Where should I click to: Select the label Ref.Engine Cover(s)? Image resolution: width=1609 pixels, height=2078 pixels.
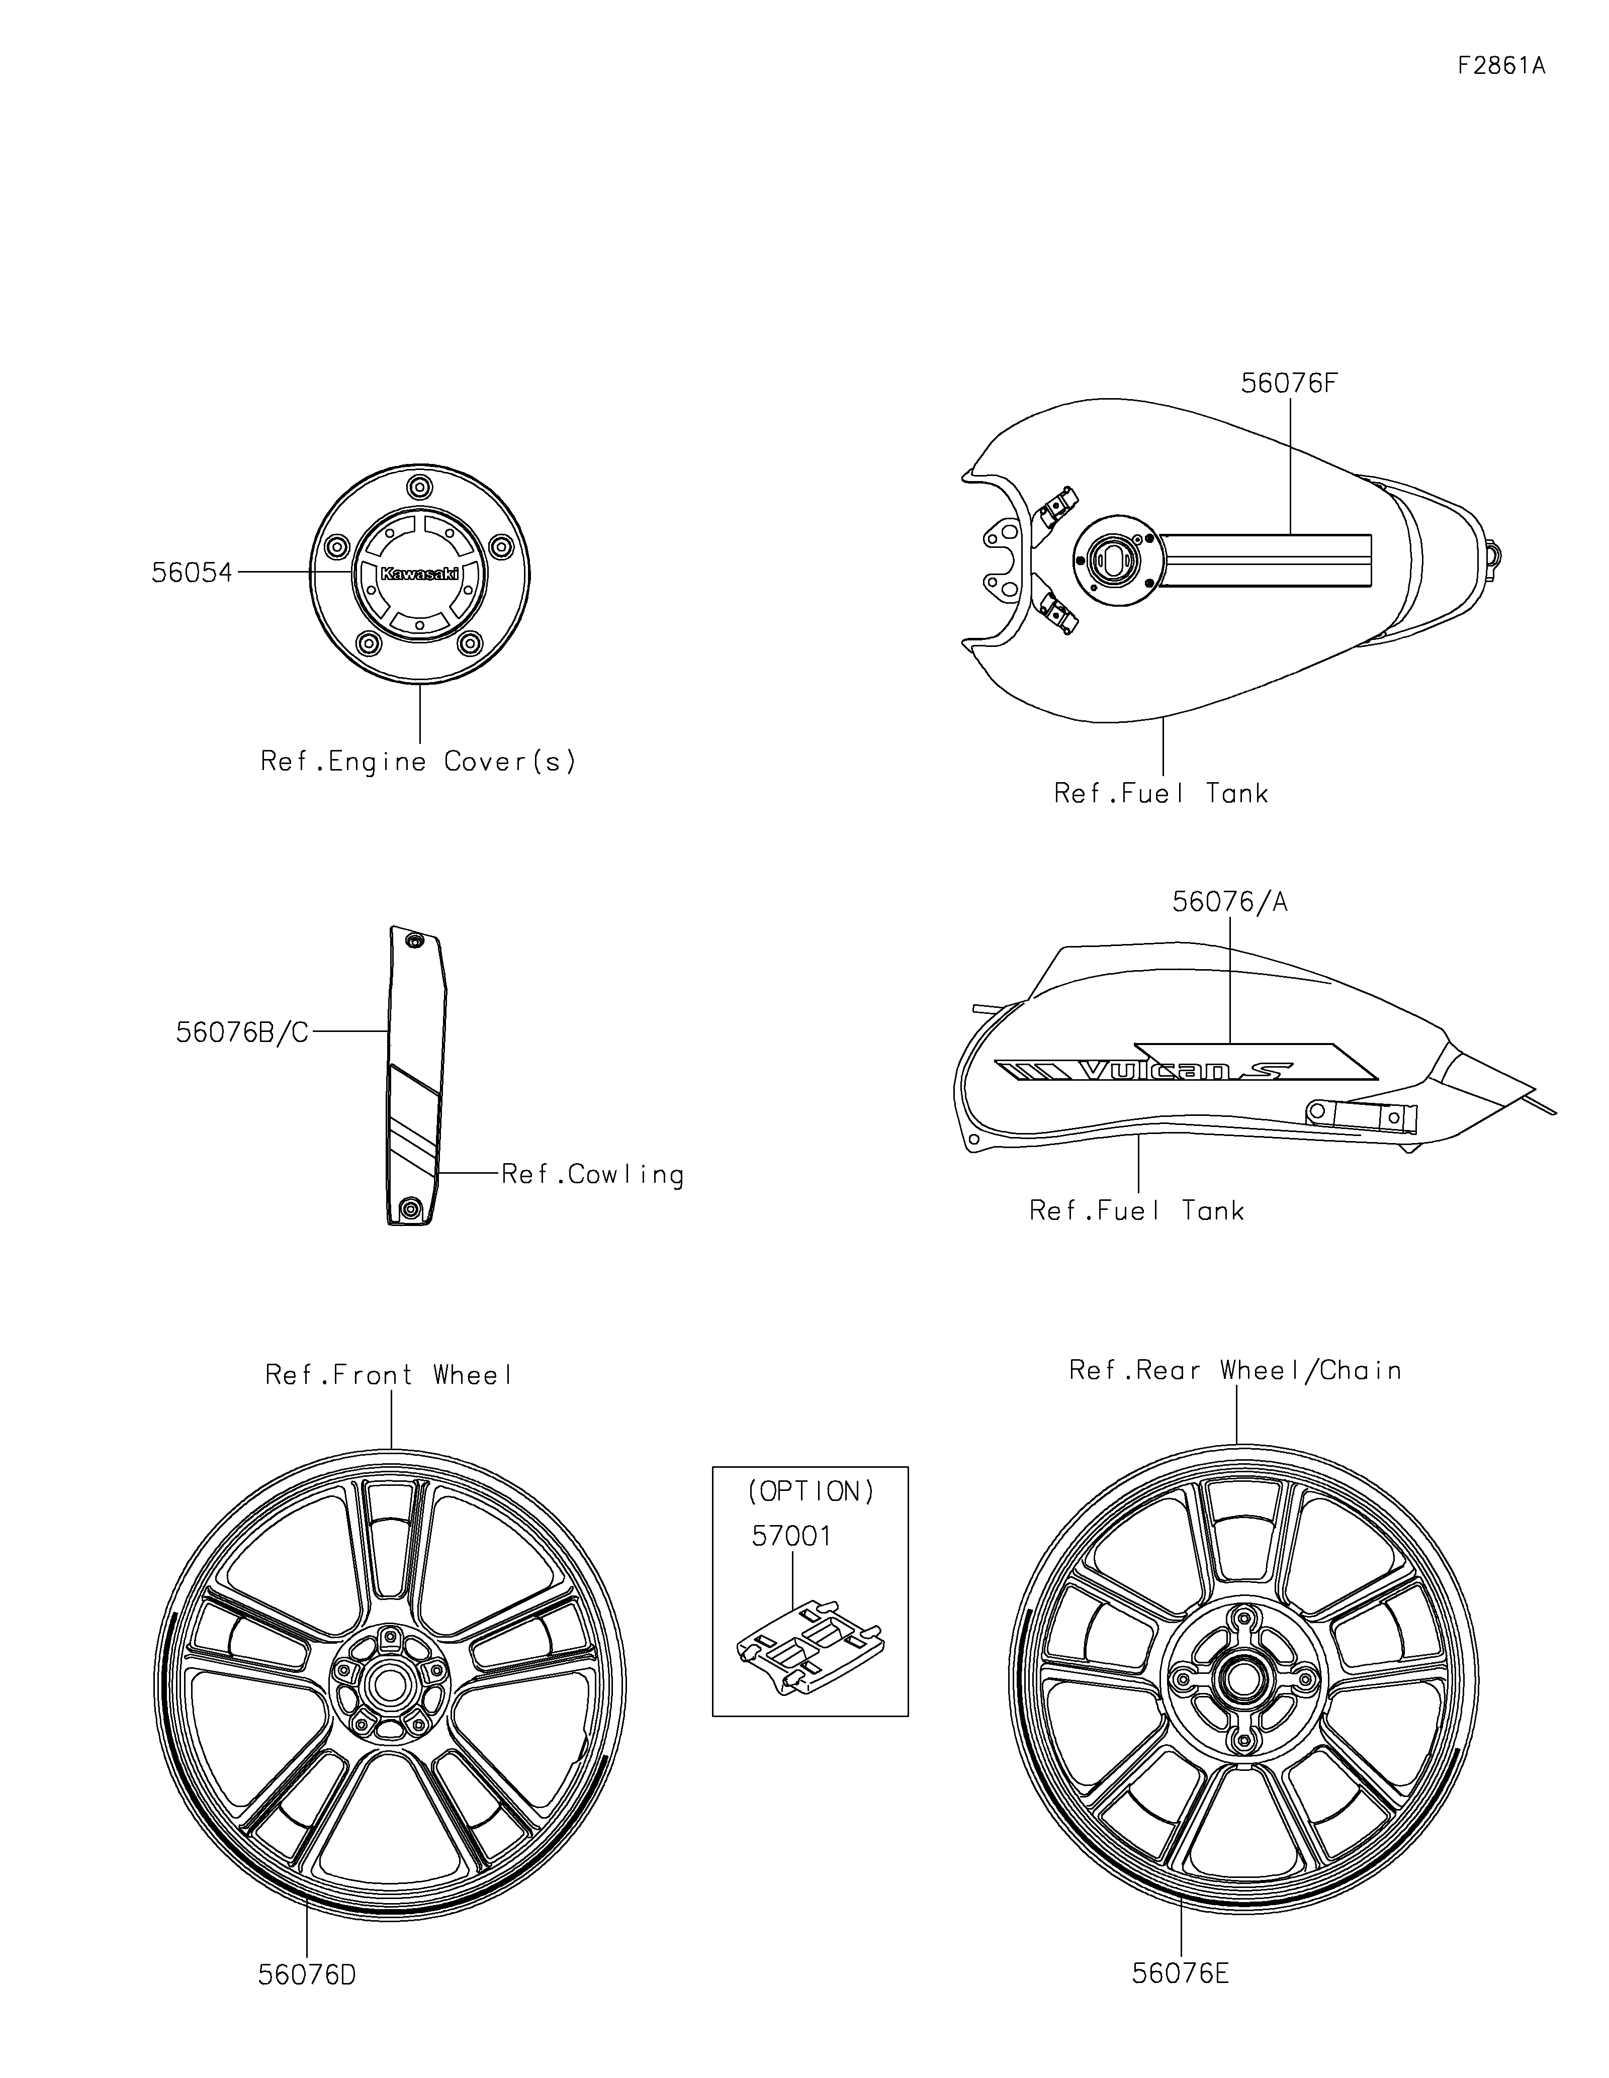pos(419,762)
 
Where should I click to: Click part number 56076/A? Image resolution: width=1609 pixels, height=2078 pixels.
pos(1229,902)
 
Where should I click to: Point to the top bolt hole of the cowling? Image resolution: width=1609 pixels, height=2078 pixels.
pos(414,941)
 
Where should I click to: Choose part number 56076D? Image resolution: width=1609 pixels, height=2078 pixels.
pos(306,1975)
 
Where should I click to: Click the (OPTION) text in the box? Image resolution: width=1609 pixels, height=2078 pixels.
pos(811,1491)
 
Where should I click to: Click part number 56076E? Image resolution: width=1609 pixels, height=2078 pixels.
pos(1180,1973)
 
